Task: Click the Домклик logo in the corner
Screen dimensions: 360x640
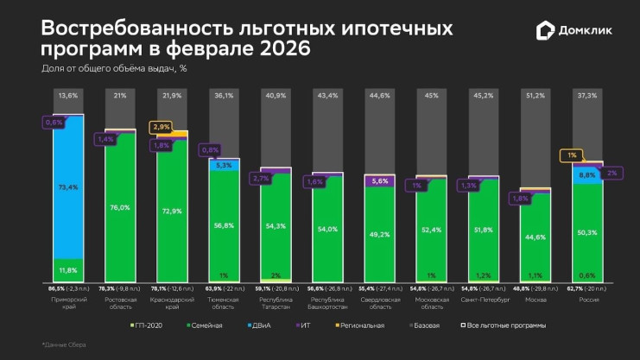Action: [575, 30]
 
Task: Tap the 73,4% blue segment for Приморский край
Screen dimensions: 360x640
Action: [68, 186]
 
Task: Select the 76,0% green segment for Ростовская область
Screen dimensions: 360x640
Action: [120, 207]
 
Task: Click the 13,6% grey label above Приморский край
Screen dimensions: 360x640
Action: [68, 96]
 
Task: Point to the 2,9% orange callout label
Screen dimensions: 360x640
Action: [161, 127]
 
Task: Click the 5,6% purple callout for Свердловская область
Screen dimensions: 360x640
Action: [379, 181]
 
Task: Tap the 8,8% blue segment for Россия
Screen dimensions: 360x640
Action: [586, 174]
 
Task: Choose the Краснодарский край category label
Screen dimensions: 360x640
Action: [172, 303]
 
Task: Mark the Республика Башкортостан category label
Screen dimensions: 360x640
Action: [327, 303]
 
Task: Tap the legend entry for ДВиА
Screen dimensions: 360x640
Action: [259, 325]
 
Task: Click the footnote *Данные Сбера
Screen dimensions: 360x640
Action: [64, 344]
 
